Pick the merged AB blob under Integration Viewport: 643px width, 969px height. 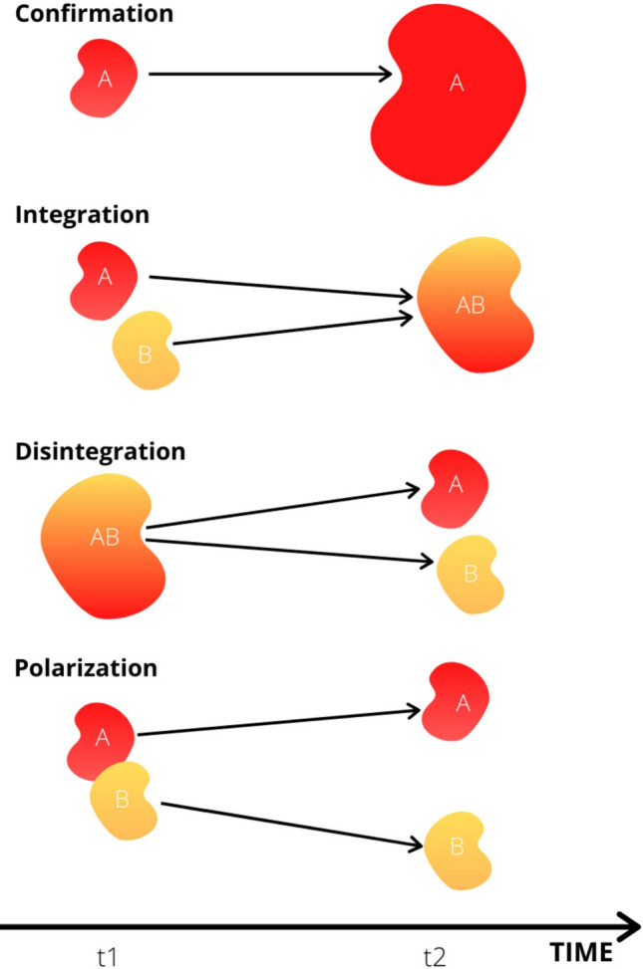click(470, 305)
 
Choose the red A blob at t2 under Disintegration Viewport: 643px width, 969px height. click(456, 487)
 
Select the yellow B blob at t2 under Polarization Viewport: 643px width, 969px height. click(457, 847)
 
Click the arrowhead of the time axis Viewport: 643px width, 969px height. click(625, 928)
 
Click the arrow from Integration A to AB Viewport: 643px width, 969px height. click(279, 287)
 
